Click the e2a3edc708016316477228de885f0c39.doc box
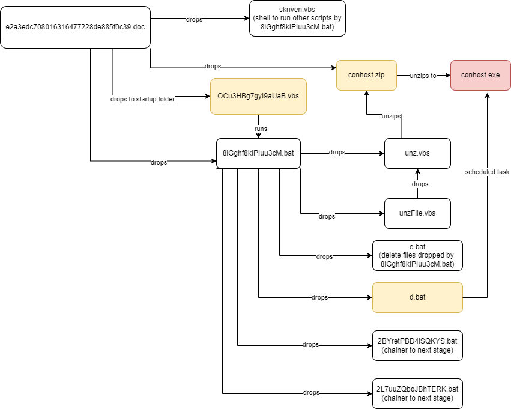tap(75, 28)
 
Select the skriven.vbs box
tap(297, 19)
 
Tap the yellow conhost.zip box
tap(366, 75)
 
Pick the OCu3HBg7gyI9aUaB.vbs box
tap(258, 96)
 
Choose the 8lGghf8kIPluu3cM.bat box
tap(258, 153)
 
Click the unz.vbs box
tap(417, 153)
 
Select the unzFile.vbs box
tap(417, 213)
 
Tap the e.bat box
tap(417, 255)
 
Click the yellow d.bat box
tap(417, 297)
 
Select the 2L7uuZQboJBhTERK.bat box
tap(417, 393)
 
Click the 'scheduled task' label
tap(487, 172)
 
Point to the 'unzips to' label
tap(423, 75)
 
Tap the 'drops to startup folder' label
tap(143, 99)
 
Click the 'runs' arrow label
tap(261, 129)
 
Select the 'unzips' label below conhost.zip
tap(392, 116)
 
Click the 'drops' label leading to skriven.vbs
tap(195, 19)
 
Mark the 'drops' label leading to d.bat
tap(320, 297)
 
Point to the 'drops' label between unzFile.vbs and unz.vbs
tap(420, 184)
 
